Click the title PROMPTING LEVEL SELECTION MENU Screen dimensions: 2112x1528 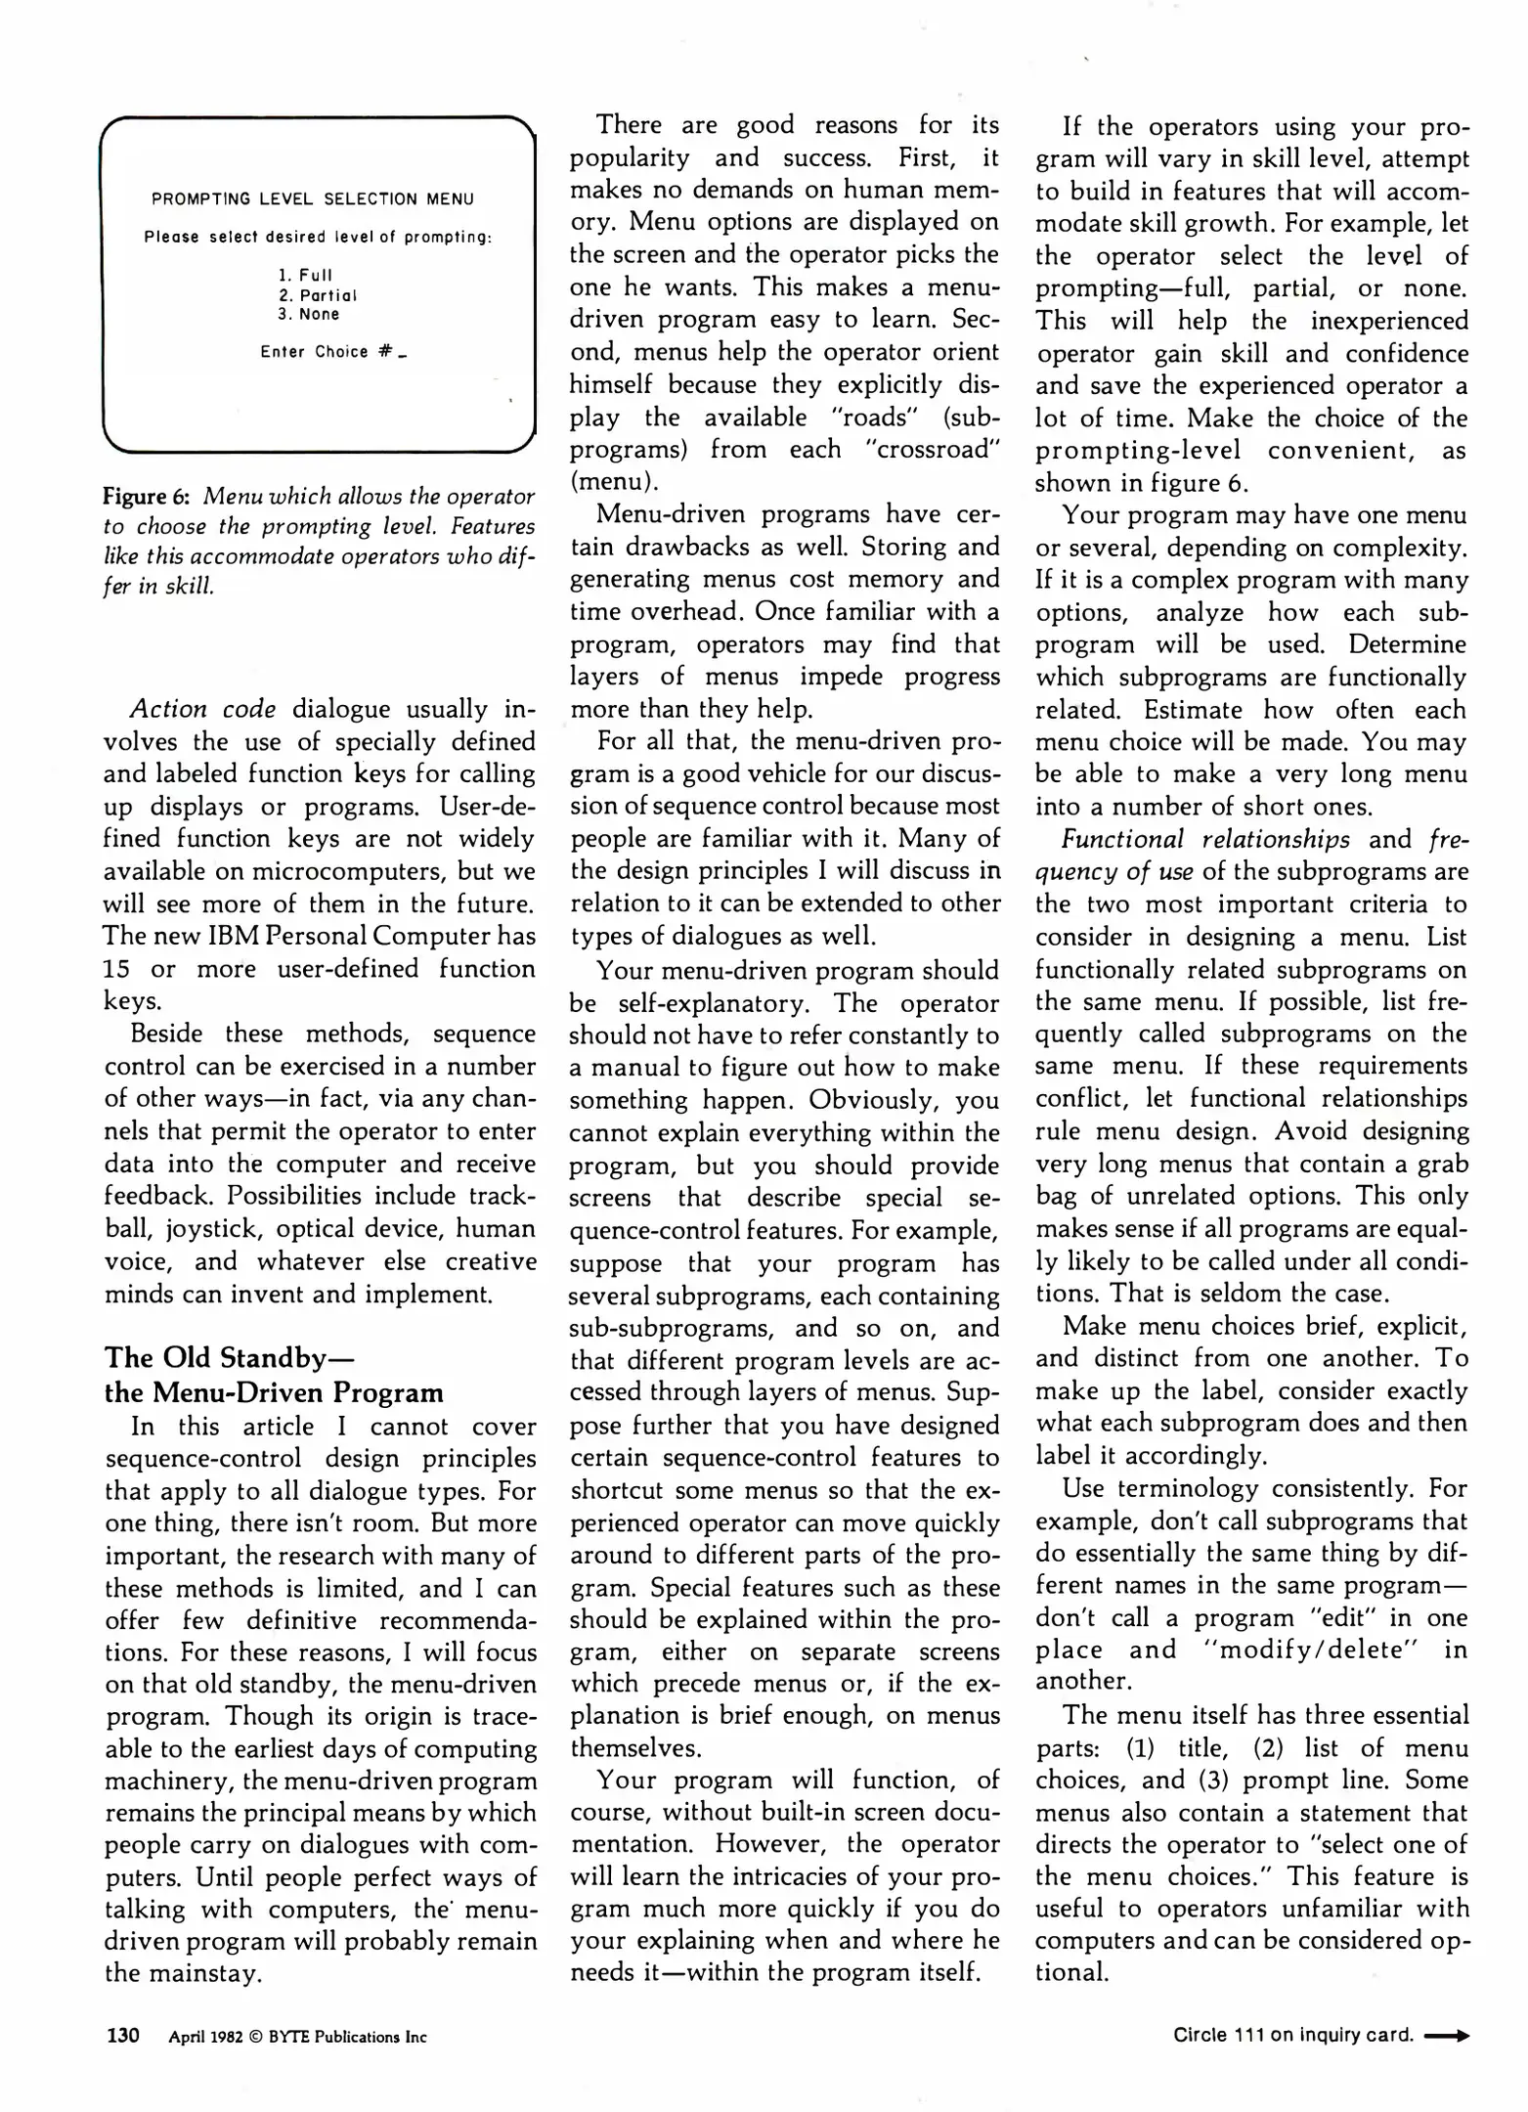click(x=313, y=199)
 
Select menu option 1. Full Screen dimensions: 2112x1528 click(x=305, y=276)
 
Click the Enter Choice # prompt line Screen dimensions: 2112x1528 click(x=332, y=352)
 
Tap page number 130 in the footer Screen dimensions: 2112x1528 click(x=123, y=2037)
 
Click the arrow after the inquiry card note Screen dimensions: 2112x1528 click(x=1447, y=2037)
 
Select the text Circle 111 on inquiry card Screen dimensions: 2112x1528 click(x=1293, y=2037)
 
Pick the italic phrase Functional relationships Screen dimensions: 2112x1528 click(x=1206, y=839)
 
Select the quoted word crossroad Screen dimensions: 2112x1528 click(x=933, y=450)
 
